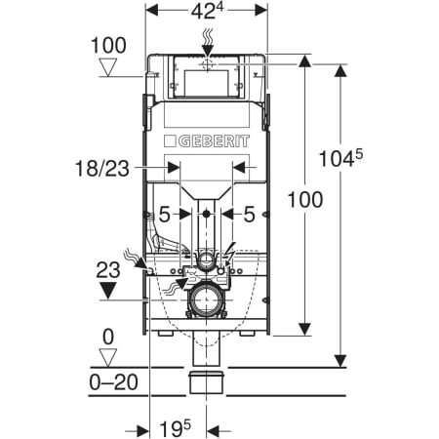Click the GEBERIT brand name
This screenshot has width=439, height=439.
point(214,141)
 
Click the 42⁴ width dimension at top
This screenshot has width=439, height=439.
point(207,12)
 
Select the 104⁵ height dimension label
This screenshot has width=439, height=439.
point(340,158)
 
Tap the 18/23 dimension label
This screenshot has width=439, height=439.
point(102,169)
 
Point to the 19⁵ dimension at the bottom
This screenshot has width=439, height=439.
point(175,429)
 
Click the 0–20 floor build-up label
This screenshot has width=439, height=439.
point(113,382)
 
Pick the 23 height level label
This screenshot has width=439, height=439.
point(108,270)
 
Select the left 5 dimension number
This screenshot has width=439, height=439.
point(165,215)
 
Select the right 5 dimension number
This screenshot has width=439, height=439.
point(249,215)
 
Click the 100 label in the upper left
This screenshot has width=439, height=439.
point(108,45)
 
